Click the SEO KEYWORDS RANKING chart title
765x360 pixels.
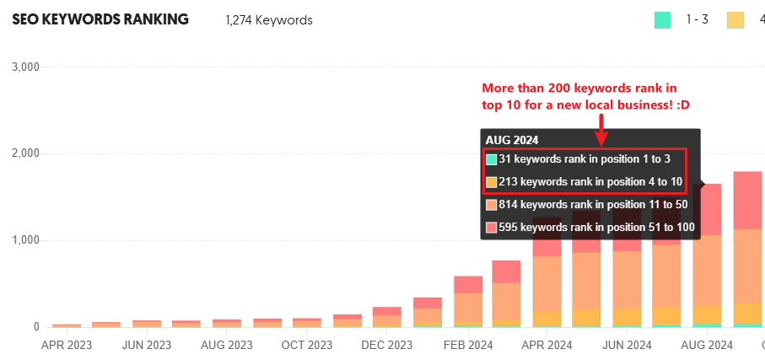100,19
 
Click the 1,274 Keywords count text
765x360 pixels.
269,20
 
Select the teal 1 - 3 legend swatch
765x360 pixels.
662,19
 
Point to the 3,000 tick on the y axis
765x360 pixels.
24,67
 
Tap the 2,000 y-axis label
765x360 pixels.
24,153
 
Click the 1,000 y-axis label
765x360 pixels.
24,240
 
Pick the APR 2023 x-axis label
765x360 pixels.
67,345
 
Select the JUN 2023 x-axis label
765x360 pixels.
147,345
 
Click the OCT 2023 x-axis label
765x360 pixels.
307,345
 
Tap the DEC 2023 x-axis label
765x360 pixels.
387,345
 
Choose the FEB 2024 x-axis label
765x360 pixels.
467,345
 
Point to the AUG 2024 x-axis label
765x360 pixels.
707,345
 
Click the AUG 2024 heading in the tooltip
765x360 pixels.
512,140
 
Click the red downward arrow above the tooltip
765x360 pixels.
601,128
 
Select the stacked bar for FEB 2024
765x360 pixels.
467,301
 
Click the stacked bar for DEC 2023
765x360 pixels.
387,317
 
